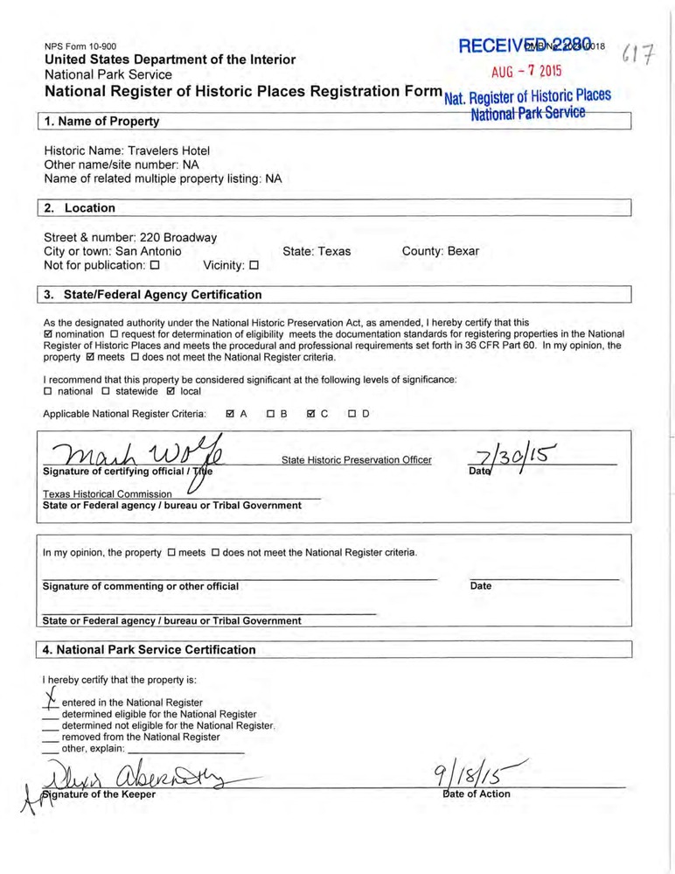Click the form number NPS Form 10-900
point(80,46)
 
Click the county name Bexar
point(463,251)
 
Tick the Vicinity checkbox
point(254,265)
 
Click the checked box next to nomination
point(47,334)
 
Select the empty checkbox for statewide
point(108,392)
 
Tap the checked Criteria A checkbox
point(230,414)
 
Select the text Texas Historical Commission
point(108,493)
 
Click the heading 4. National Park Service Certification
point(150,650)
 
